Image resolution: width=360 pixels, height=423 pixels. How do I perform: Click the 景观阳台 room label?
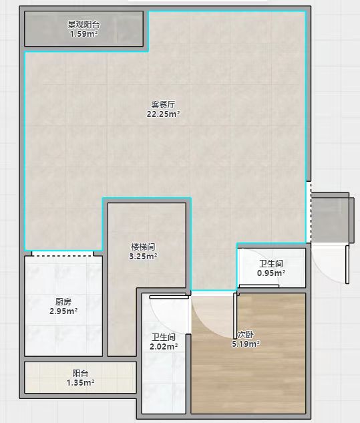pos(83,25)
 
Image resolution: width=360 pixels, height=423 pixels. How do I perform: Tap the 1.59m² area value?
pos(83,34)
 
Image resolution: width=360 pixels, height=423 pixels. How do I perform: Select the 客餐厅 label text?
pos(163,104)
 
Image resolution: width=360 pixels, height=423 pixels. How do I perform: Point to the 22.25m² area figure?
pos(163,114)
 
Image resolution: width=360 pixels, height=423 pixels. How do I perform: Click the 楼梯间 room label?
pos(143,247)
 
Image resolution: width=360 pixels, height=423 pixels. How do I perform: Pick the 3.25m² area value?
pos(143,257)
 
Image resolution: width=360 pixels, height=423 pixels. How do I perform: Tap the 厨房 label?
pos(63,301)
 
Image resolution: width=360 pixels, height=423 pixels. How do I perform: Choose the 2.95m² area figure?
pos(63,311)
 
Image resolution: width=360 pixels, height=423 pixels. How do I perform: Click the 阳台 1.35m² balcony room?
pos(80,377)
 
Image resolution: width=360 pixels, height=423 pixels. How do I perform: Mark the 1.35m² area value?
pos(80,382)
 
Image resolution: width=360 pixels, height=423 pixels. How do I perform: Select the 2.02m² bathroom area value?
pos(164,346)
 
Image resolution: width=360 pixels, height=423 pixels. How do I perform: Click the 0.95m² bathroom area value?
pos(271,273)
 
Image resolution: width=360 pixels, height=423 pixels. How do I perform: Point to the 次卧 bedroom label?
pos(245,335)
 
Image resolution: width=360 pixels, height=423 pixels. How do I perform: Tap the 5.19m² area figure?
pos(246,344)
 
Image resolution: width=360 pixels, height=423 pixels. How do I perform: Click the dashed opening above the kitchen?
pos(63,254)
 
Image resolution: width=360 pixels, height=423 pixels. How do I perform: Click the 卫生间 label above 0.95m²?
pos(271,263)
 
